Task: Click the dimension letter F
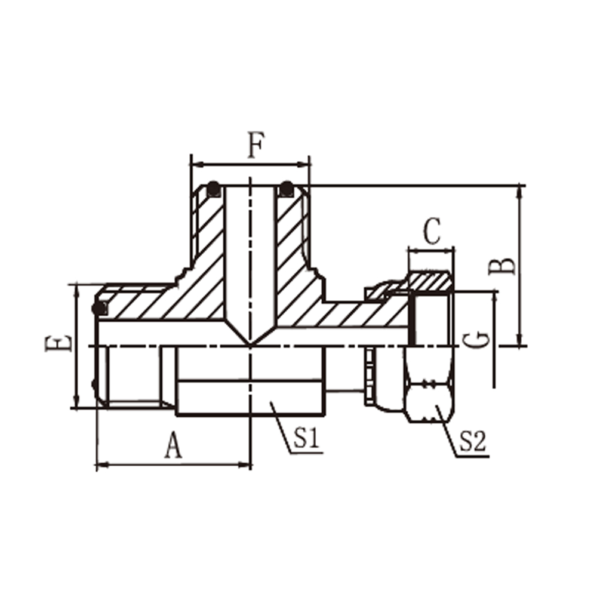click(x=256, y=144)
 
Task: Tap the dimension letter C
click(x=432, y=231)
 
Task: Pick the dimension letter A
click(x=173, y=445)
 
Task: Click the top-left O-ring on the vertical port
click(x=214, y=189)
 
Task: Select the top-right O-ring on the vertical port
click(x=287, y=189)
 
